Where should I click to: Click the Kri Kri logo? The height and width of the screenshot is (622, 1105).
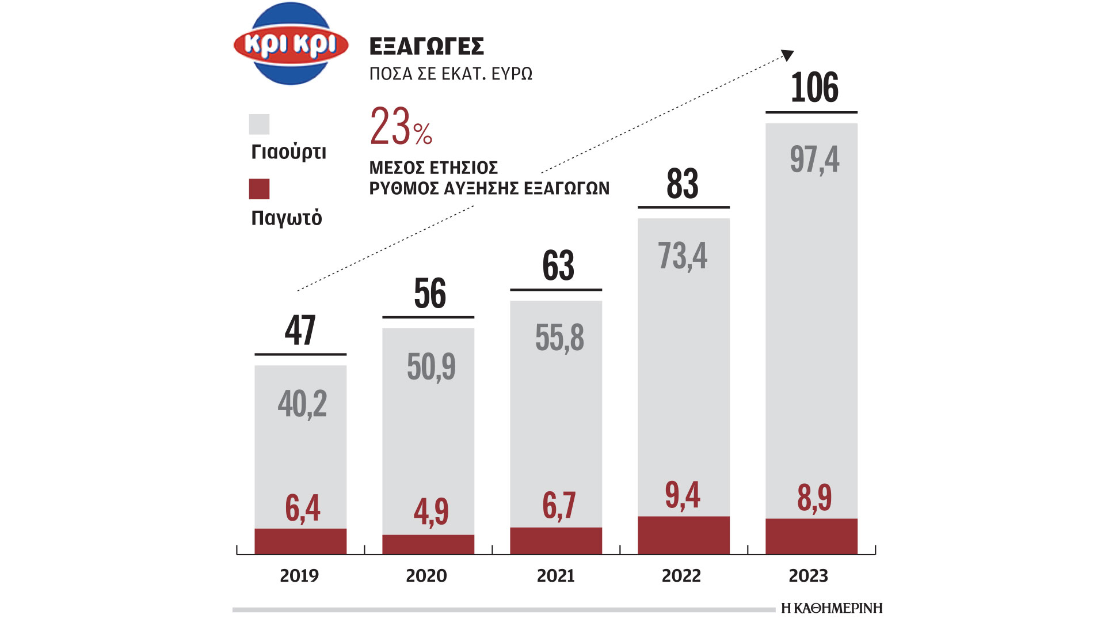pyautogui.click(x=291, y=44)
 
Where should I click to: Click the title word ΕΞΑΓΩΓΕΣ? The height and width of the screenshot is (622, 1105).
pyautogui.click(x=426, y=46)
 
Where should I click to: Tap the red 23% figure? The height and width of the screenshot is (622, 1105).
pyautogui.click(x=401, y=126)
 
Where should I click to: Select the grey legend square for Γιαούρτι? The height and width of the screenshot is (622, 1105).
pyautogui.click(x=259, y=124)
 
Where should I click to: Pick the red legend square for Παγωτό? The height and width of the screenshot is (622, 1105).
pyautogui.click(x=259, y=189)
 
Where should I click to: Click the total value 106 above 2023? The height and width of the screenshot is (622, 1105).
pyautogui.click(x=814, y=88)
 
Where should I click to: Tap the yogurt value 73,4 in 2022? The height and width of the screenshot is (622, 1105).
pyautogui.click(x=683, y=256)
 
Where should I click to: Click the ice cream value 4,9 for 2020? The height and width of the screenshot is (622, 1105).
pyautogui.click(x=430, y=511)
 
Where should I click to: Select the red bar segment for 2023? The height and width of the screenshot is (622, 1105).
pyautogui.click(x=811, y=536)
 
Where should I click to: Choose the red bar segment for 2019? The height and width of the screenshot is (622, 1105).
pyautogui.click(x=300, y=541)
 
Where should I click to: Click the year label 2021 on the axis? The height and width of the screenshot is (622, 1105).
pyautogui.click(x=555, y=575)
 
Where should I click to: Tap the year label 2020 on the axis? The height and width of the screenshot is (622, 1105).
pyautogui.click(x=426, y=575)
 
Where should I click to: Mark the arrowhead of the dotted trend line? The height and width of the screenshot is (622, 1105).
pyautogui.click(x=788, y=55)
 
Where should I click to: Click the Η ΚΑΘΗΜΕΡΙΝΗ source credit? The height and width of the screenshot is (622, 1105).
pyautogui.click(x=832, y=608)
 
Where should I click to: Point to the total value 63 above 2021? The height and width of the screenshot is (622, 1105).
pyautogui.click(x=558, y=266)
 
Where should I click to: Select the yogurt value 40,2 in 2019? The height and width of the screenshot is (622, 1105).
pyautogui.click(x=302, y=404)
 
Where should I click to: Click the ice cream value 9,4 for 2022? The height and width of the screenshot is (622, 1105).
pyautogui.click(x=683, y=495)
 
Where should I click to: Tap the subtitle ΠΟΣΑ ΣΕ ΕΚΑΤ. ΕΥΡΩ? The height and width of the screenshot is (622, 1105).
pyautogui.click(x=451, y=74)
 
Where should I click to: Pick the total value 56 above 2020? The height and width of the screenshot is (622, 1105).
pyautogui.click(x=430, y=293)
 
